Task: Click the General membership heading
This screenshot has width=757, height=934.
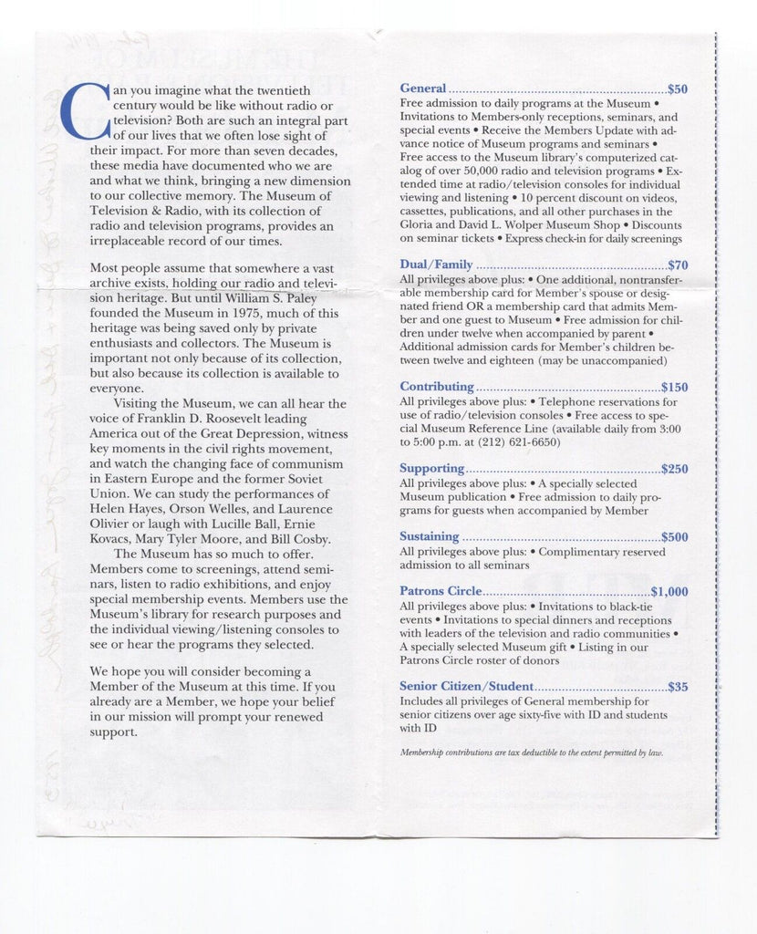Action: tap(423, 88)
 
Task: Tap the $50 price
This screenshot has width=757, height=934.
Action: tap(678, 89)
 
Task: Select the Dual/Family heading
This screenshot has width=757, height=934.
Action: tap(436, 265)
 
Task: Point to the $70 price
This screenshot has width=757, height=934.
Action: tap(678, 265)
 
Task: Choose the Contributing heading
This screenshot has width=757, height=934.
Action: tap(437, 387)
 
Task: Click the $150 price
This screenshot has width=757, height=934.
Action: tap(674, 388)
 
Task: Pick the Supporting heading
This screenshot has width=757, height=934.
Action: tap(432, 469)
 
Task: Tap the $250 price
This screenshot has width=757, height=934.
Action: tap(675, 470)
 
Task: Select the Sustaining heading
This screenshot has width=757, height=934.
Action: tap(430, 536)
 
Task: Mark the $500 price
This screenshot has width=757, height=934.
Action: tap(675, 537)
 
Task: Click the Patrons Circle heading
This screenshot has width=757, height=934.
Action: tap(441, 591)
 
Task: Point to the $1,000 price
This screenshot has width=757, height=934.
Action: tap(669, 592)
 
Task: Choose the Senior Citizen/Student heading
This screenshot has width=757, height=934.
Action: tap(466, 686)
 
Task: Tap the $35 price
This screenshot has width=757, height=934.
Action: tap(678, 687)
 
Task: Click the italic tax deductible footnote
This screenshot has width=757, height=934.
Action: tap(532, 752)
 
